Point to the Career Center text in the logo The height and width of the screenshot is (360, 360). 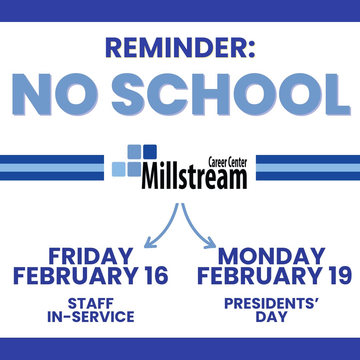tap(227, 163)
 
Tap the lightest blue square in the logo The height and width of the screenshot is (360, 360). tap(118, 169)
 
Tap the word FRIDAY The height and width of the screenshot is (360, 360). tap(91, 257)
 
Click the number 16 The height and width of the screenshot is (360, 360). tap(156, 276)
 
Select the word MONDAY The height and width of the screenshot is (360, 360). tap(271, 257)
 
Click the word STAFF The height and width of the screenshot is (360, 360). tap(91, 304)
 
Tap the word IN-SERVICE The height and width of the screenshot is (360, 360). tap(91, 317)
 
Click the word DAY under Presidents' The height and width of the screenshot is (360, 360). tap(271, 317)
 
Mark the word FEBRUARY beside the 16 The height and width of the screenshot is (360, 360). tap(75, 276)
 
